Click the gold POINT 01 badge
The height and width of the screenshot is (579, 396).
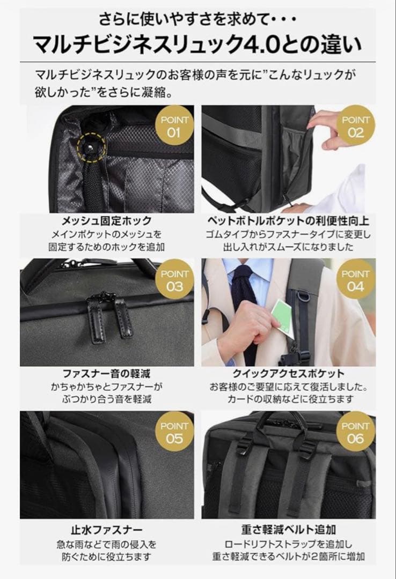pyautogui.click(x=174, y=127)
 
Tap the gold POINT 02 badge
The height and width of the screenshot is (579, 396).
pyautogui.click(x=355, y=127)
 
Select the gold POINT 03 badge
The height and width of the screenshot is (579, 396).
pyautogui.click(x=174, y=280)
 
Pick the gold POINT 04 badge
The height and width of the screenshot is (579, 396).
pyautogui.click(x=355, y=280)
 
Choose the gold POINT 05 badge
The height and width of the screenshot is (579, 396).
pyautogui.click(x=174, y=432)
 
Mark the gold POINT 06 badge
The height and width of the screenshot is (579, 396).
pyautogui.click(x=355, y=432)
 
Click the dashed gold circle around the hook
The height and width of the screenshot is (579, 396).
pyautogui.click(x=90, y=146)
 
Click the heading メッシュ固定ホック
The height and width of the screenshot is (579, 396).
pyautogui.click(x=107, y=221)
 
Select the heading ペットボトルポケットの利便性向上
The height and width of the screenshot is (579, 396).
pyautogui.click(x=288, y=221)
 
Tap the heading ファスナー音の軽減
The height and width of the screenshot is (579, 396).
pyautogui.click(x=107, y=373)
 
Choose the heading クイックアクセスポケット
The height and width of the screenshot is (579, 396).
pyautogui.click(x=288, y=373)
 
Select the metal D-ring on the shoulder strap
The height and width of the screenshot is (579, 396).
pyautogui.click(x=301, y=296)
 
